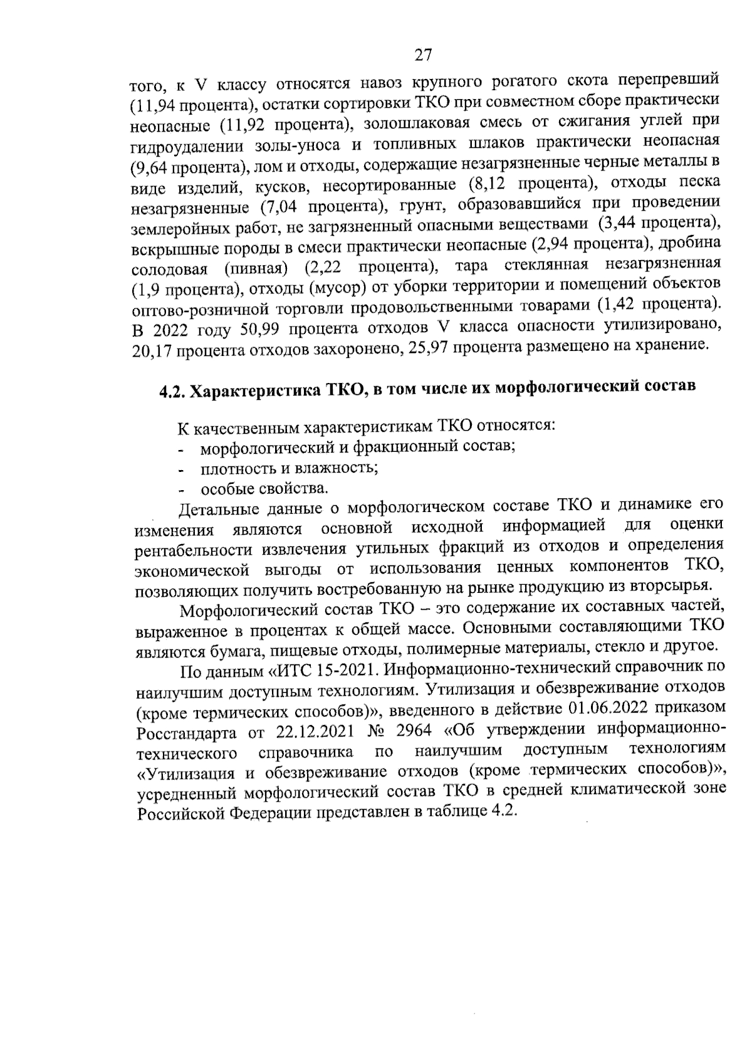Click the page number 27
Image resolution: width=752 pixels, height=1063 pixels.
click(x=424, y=55)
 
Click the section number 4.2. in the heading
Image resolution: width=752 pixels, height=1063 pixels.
click(x=170, y=392)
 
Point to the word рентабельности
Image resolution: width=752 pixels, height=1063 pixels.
click(x=193, y=550)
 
